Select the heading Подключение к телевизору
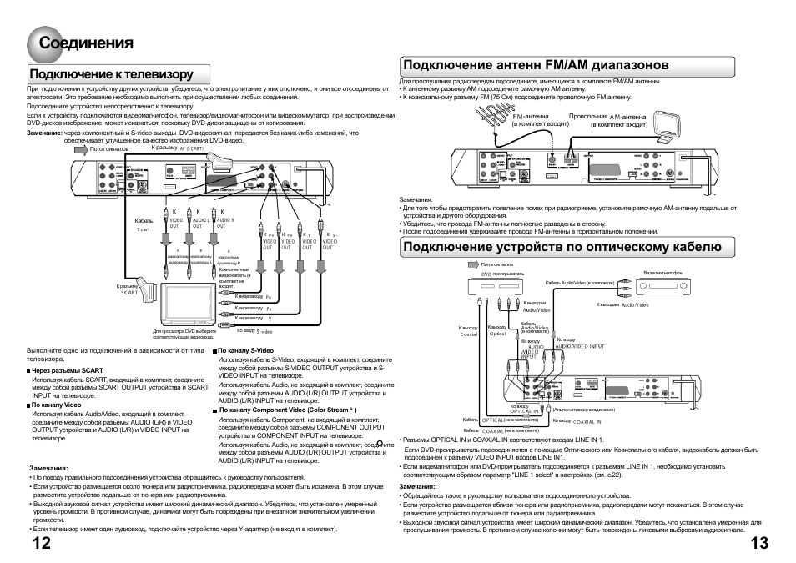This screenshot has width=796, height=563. [111, 74]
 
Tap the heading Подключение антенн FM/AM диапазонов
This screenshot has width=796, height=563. [535, 64]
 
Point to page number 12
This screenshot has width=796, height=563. [41, 543]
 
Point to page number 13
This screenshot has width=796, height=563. [758, 543]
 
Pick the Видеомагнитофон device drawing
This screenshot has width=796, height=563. [664, 286]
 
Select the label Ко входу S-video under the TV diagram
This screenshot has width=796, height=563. [248, 331]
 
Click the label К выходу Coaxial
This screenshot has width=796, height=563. [470, 331]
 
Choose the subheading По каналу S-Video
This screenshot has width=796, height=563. [244, 351]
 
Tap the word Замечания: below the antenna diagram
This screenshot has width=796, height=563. [416, 200]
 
